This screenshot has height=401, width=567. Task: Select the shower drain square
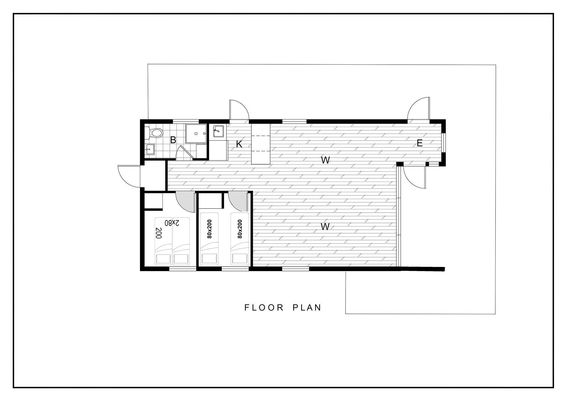pyautogui.click(x=196, y=133)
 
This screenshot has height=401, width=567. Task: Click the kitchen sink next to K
pyautogui.click(x=218, y=131)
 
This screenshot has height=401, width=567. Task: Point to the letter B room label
pyautogui.click(x=173, y=140)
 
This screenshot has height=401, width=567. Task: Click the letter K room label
pyautogui.click(x=239, y=144)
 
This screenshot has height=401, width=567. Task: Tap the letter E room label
pyautogui.click(x=420, y=143)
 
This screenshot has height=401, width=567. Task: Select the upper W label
pyautogui.click(x=325, y=160)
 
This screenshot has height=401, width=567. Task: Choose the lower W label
pyautogui.click(x=325, y=227)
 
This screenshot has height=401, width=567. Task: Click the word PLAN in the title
pyautogui.click(x=307, y=308)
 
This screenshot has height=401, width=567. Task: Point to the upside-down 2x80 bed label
pyautogui.click(x=172, y=223)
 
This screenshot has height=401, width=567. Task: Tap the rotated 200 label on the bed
pyautogui.click(x=159, y=233)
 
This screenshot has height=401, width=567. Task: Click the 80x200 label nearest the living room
pyautogui.click(x=239, y=229)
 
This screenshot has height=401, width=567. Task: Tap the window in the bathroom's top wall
pyautogui.click(x=185, y=121)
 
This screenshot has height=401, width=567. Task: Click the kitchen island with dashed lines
pyautogui.click(x=261, y=144)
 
